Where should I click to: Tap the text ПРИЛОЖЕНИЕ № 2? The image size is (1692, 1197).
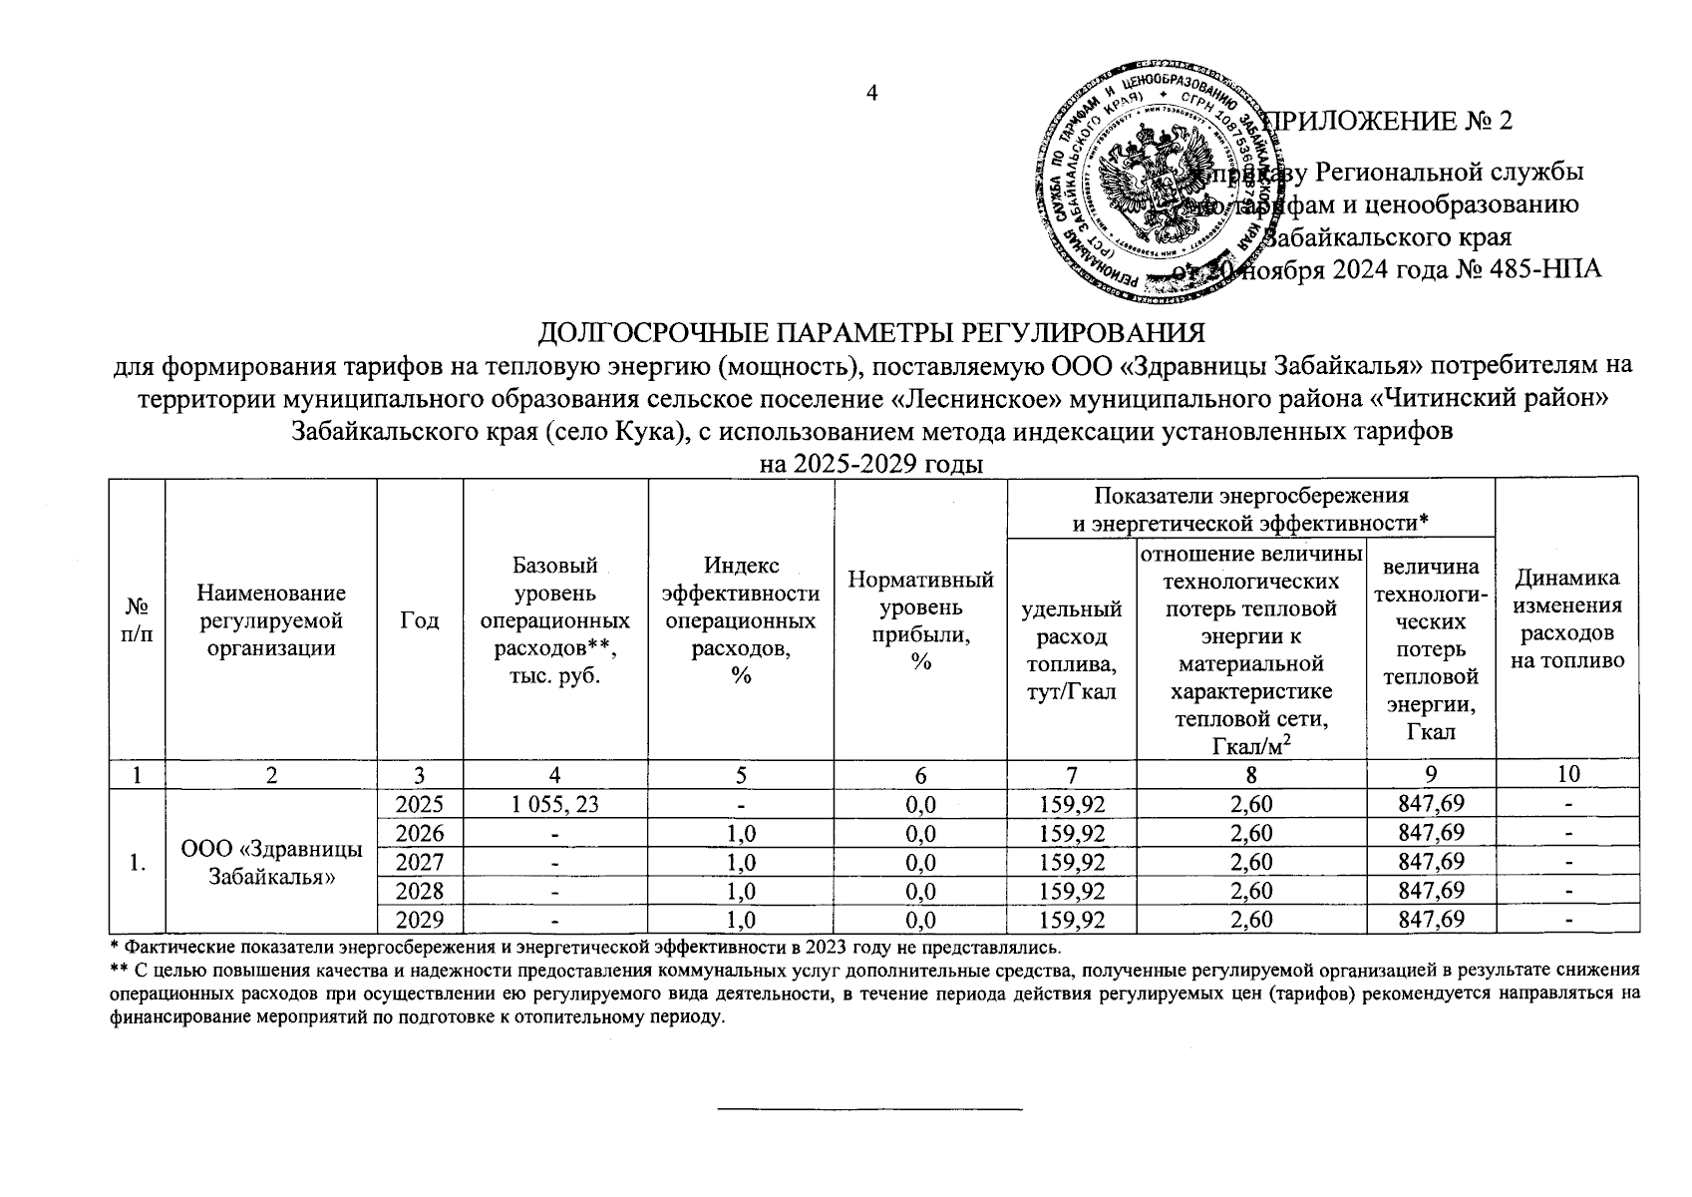pos(1388,122)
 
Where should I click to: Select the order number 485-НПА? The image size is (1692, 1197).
pos(1546,269)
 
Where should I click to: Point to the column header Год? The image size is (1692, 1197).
pos(420,619)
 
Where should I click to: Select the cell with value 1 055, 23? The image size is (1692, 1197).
pos(555,804)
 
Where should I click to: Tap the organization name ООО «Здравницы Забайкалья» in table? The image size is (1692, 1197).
pos(271,862)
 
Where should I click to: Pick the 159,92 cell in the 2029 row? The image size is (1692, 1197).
pos(1072,920)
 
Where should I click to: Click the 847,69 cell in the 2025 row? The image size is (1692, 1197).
pos(1432,804)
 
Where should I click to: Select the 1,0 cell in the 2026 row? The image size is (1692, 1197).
pos(740,833)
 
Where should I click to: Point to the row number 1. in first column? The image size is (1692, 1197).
pos(137,862)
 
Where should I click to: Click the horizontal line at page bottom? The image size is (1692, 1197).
pos(871,1109)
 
